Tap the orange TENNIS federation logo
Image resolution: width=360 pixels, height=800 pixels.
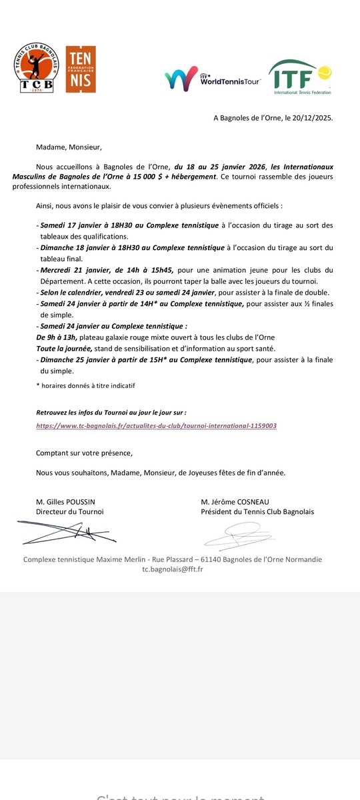pos(81,69)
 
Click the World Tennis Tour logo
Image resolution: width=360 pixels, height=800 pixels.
pos(213,79)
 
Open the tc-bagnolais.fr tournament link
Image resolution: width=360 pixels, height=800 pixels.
pos(156,425)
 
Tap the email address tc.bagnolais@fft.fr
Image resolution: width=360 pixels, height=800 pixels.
pos(173,569)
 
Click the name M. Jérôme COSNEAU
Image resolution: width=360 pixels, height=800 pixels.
pos(234,502)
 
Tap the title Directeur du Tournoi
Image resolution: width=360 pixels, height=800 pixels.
pos(69,511)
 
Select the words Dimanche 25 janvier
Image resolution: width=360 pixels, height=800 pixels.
pos(75,360)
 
